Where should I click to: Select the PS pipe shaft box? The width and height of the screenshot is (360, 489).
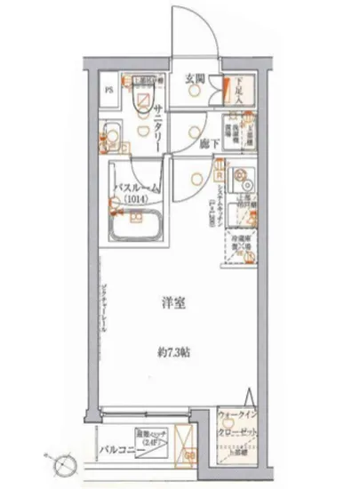coord(109,90)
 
